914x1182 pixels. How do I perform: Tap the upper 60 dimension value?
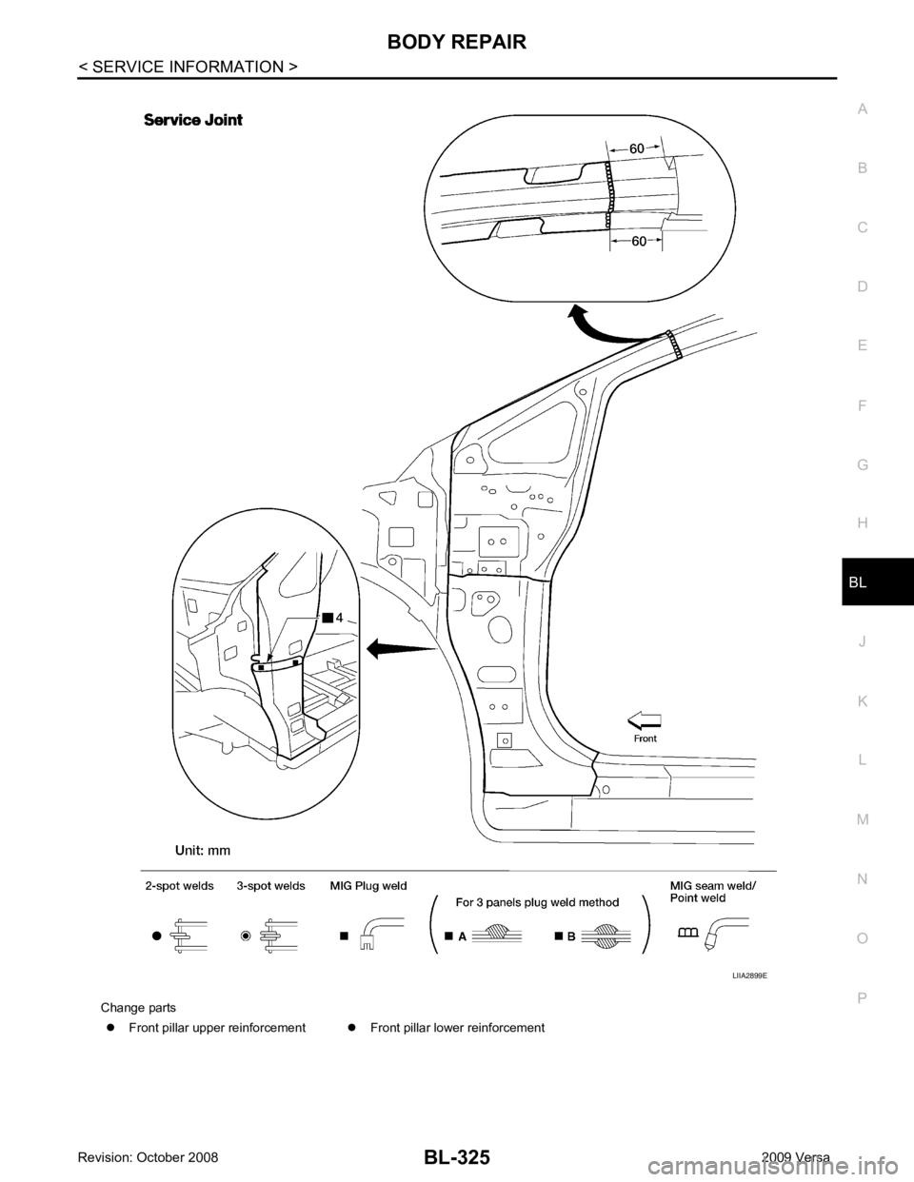click(x=637, y=148)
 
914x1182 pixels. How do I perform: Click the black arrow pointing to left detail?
click(x=400, y=650)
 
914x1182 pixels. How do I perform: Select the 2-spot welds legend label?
click(x=178, y=886)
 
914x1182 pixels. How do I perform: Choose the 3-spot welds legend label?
click(x=270, y=886)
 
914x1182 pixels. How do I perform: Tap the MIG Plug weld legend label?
click(x=369, y=886)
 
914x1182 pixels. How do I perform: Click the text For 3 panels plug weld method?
click(x=539, y=902)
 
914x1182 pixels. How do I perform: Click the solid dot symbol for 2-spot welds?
click(x=155, y=935)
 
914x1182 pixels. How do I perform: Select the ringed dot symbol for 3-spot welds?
click(x=246, y=935)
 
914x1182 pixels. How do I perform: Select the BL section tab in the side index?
click(x=861, y=580)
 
